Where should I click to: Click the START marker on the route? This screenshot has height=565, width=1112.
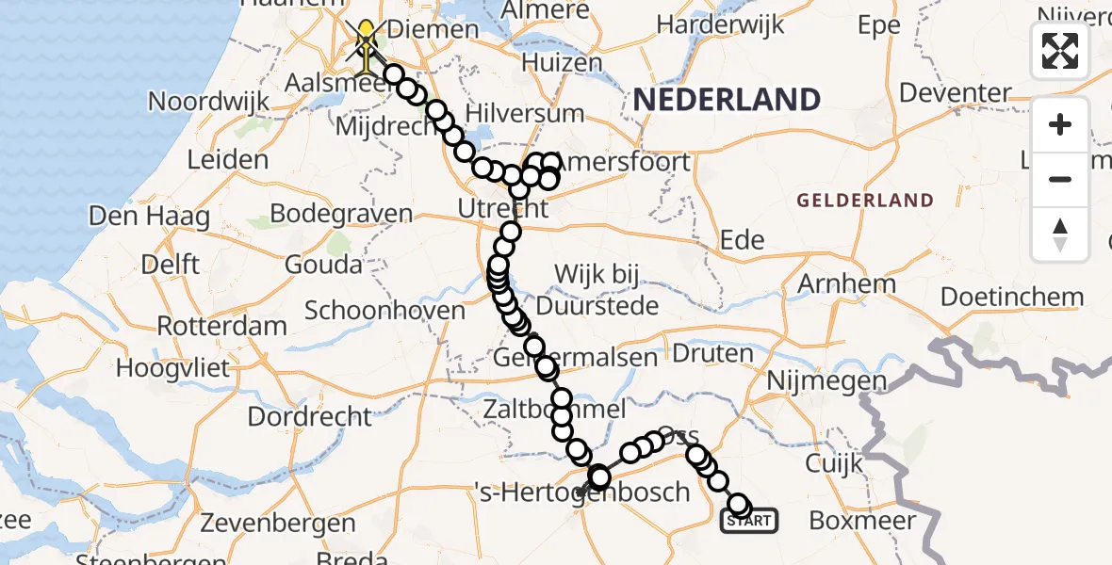pyautogui.click(x=749, y=520)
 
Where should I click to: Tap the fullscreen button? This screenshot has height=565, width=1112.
pyautogui.click(x=1060, y=51)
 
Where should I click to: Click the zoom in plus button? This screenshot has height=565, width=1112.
pyautogui.click(x=1060, y=124)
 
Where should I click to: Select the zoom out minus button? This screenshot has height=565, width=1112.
pyautogui.click(x=1060, y=179)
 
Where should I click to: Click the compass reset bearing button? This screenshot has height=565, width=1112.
pyautogui.click(x=1060, y=234)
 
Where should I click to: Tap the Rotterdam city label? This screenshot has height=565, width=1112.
pyautogui.click(x=221, y=327)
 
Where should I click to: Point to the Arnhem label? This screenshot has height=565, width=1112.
pyautogui.click(x=846, y=283)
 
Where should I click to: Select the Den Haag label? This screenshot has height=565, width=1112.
pyautogui.click(x=149, y=216)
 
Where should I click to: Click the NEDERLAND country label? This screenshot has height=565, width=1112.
pyautogui.click(x=726, y=99)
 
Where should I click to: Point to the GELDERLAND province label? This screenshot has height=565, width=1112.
pyautogui.click(x=865, y=201)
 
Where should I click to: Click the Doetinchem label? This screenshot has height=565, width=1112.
pyautogui.click(x=1012, y=298)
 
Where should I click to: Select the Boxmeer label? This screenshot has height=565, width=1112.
pyautogui.click(x=862, y=520)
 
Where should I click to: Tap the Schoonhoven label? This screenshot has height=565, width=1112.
pyautogui.click(x=384, y=311)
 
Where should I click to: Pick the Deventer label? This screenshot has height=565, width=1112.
pyautogui.click(x=955, y=92)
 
